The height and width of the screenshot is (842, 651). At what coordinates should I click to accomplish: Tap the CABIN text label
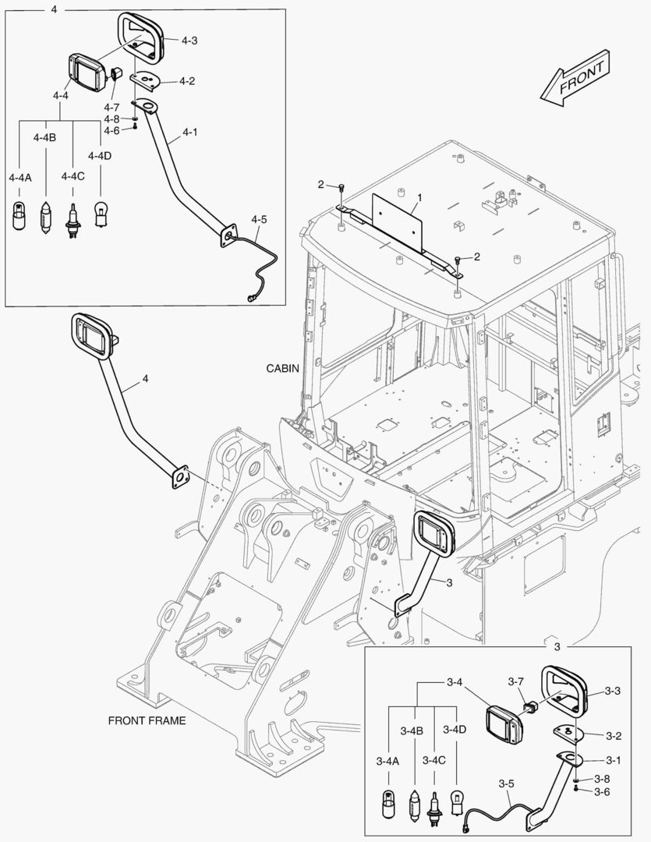[281, 367]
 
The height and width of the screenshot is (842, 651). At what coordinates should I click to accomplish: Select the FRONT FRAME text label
[147, 720]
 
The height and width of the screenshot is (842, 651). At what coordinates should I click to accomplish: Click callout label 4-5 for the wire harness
[259, 220]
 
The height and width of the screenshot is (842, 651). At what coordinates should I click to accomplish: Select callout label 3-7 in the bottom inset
[515, 681]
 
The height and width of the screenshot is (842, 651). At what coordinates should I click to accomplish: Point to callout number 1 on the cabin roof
[419, 199]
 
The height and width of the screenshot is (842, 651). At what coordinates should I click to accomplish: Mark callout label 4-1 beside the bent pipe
[189, 133]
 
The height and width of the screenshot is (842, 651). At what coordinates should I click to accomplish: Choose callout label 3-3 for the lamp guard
[612, 691]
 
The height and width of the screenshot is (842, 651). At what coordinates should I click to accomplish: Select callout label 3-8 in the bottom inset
[601, 779]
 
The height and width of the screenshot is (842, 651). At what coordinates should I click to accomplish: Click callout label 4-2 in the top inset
[187, 80]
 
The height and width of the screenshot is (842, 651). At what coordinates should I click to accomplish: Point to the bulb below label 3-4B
[415, 804]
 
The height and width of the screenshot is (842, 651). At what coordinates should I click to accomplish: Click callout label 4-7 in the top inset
[111, 106]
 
